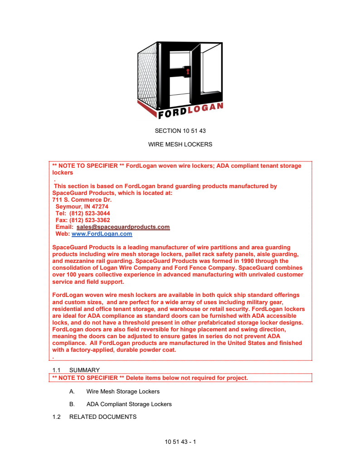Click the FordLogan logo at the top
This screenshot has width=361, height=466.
(x=180, y=79)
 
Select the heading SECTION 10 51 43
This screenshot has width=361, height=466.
(x=180, y=131)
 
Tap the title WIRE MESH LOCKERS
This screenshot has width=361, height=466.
(x=180, y=145)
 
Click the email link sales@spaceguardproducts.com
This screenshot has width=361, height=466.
(x=123, y=227)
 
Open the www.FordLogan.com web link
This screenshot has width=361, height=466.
(x=102, y=234)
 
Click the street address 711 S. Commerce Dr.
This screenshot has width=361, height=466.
(x=82, y=199)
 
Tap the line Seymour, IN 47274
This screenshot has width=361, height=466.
(x=82, y=206)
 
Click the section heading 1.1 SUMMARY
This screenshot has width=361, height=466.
(x=76, y=370)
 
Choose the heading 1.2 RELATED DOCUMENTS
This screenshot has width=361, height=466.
(x=94, y=417)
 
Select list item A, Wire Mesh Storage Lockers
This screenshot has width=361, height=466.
(x=123, y=391)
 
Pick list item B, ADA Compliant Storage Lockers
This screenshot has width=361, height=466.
(x=129, y=404)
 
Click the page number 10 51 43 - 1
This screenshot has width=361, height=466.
(x=180, y=441)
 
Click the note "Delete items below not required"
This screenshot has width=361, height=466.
(x=186, y=378)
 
